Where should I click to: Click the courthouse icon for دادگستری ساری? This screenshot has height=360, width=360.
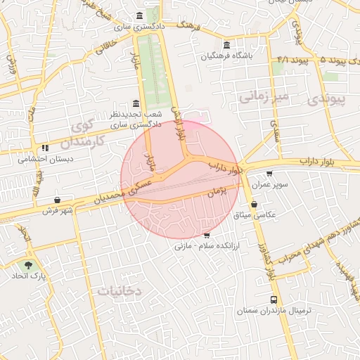pyautogui.click(x=141, y=15)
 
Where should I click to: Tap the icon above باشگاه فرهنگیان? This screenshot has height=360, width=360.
pyautogui.click(x=226, y=45)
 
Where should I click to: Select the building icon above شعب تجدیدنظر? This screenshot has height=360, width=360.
pyautogui.click(x=136, y=103)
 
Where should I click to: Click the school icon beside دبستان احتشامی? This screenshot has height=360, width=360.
pyautogui.click(x=45, y=148)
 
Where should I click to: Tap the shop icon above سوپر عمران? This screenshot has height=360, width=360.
pyautogui.click(x=269, y=174)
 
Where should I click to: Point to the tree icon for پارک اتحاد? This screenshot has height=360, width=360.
pyautogui.click(x=28, y=266)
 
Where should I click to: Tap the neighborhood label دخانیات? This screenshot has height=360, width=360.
pyautogui.click(x=120, y=290)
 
